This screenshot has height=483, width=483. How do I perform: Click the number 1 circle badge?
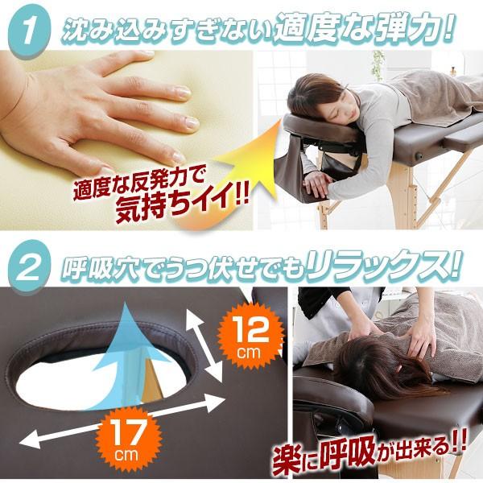(29, 31)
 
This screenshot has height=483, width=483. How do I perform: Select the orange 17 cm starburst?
(127, 440)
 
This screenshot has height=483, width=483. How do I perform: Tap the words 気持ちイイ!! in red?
(182, 204)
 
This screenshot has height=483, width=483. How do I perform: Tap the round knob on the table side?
(419, 156)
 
